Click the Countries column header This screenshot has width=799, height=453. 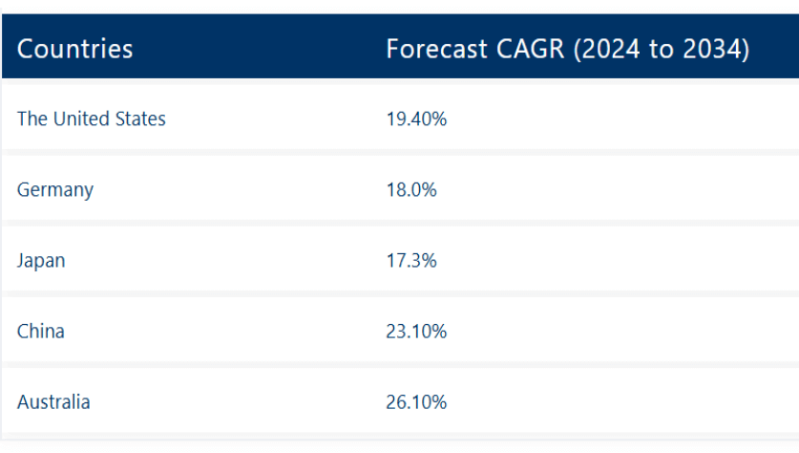(x=74, y=49)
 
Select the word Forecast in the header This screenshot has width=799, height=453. (x=431, y=49)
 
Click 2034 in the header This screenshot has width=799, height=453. (x=714, y=49)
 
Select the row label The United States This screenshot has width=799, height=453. (x=91, y=119)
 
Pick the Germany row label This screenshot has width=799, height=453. (x=55, y=189)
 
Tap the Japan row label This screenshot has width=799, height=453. (x=41, y=260)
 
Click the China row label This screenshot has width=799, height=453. (x=41, y=331)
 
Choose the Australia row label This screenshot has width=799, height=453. (x=53, y=401)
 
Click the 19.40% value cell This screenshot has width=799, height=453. (x=416, y=119)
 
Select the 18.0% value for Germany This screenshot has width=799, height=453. (x=411, y=189)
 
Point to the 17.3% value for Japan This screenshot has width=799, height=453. (x=411, y=260)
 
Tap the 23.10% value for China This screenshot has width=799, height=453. (x=416, y=331)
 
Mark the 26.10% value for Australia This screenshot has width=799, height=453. (x=416, y=401)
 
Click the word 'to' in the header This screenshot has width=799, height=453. (x=662, y=49)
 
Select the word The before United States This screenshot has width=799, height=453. (x=32, y=119)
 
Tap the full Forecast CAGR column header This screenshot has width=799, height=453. (x=567, y=49)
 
